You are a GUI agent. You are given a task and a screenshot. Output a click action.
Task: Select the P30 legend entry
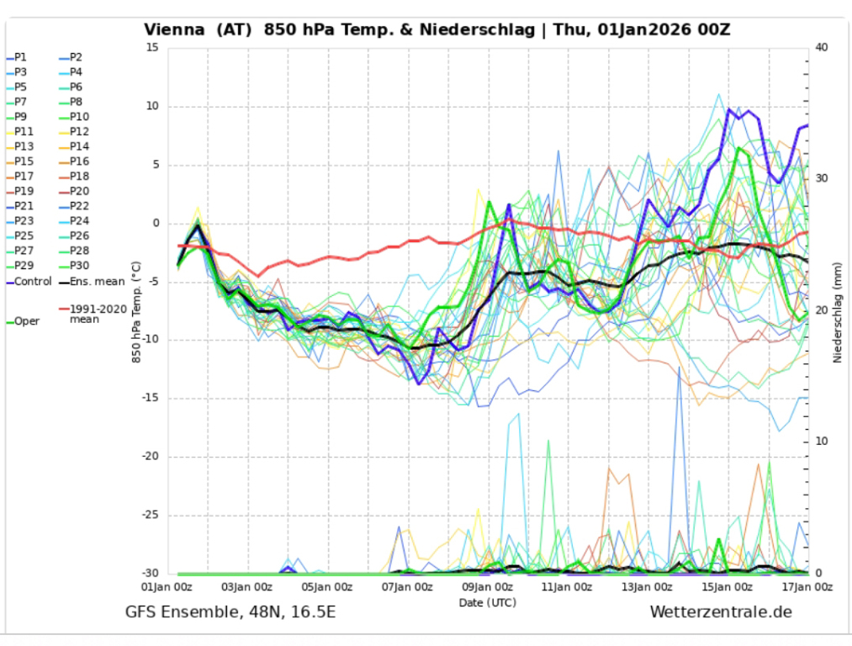(x=79, y=266)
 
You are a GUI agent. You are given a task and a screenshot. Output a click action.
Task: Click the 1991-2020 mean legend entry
(x=97, y=314)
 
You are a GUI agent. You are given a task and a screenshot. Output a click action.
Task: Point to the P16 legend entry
(x=79, y=161)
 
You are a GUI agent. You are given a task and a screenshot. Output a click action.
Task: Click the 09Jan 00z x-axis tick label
(x=488, y=587)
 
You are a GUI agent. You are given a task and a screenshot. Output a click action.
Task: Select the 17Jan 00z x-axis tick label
(x=808, y=587)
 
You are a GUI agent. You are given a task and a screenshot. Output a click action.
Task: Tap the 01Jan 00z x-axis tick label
(x=167, y=587)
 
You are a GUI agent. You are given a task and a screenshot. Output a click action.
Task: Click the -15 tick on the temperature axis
(x=152, y=399)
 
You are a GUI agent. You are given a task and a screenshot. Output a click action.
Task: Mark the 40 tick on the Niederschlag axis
(x=822, y=48)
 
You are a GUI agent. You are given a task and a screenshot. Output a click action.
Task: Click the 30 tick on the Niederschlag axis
(x=822, y=179)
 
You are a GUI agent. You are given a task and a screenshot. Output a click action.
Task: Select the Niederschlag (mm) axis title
(x=838, y=311)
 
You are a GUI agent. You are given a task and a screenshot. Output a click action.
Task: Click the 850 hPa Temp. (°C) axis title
(x=136, y=311)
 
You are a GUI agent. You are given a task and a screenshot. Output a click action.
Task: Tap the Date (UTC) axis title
(x=488, y=602)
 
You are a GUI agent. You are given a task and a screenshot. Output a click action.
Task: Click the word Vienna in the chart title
(x=174, y=29)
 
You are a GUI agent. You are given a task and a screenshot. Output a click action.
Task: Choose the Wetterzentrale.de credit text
(x=721, y=612)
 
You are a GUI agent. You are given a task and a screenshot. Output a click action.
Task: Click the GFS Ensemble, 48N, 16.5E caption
(x=230, y=612)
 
